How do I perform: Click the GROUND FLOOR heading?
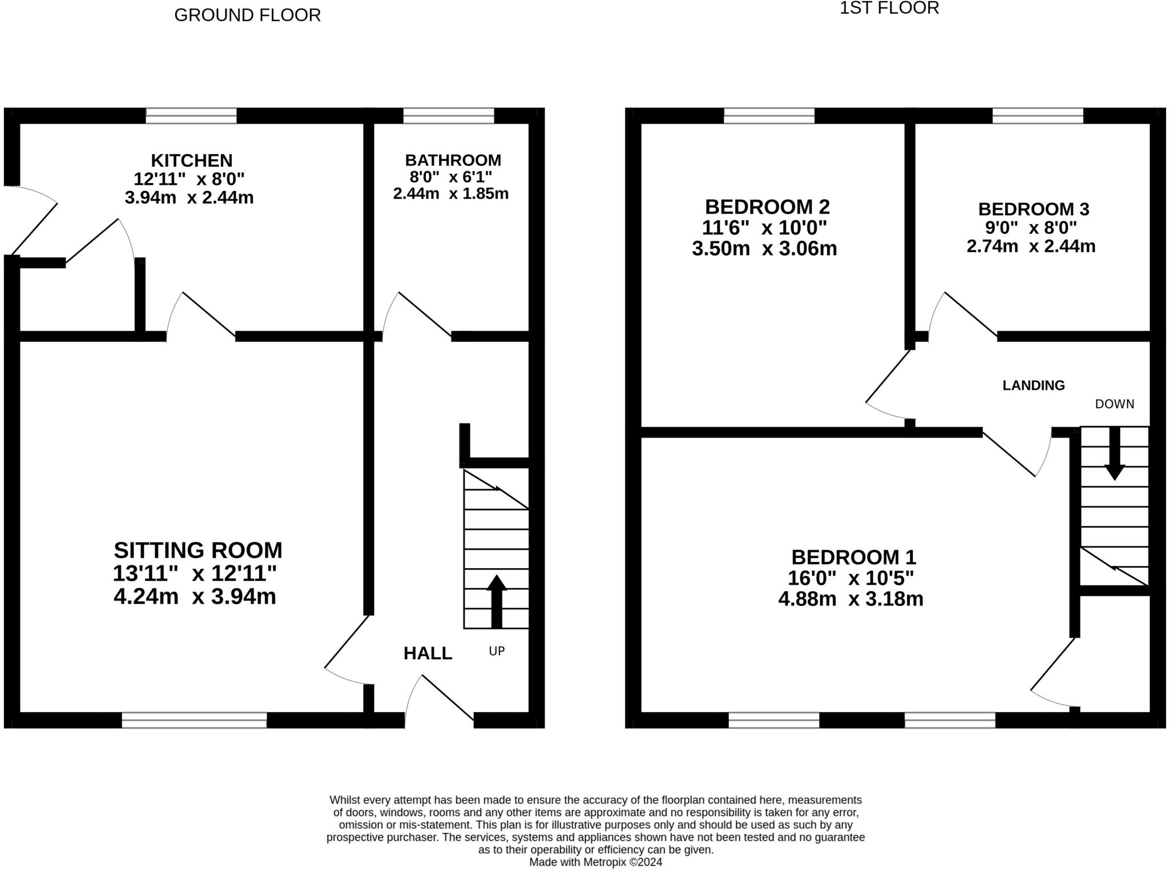(247, 15)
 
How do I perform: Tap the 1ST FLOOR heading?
(889, 8)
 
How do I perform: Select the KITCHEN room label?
(191, 160)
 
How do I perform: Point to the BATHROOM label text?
(453, 160)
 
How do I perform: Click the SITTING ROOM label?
(197, 551)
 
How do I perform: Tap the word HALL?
(428, 653)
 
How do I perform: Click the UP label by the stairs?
(497, 651)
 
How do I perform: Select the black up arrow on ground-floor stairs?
(497, 601)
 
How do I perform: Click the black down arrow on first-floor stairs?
(1114, 454)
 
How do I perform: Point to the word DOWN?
(1114, 405)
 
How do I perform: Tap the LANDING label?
(1033, 386)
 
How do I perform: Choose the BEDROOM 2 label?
(767, 207)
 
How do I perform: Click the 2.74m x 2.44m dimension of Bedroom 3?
(1030, 246)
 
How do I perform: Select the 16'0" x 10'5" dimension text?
(850, 579)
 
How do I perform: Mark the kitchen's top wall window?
(191, 116)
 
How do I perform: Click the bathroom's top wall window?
(448, 116)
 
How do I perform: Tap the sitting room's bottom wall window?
(194, 720)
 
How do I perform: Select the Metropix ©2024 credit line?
(595, 862)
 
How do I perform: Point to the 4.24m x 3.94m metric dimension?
(195, 597)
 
